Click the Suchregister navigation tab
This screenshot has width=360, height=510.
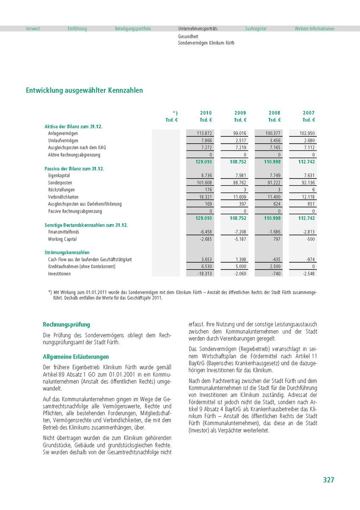pos(256,29)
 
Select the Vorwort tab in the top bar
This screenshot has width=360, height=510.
pos(33,29)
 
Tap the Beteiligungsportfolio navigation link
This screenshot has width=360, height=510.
pos(133,29)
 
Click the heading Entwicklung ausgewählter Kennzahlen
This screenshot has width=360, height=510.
pos(84,91)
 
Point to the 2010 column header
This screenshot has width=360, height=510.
pos(206,113)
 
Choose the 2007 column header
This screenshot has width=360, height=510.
pos(309,113)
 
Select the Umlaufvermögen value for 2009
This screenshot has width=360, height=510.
pos(241,141)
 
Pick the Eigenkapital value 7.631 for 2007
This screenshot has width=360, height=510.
pos(308,176)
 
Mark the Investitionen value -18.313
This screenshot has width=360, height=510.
pos(205,274)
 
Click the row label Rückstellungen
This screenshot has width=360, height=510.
pos(62,190)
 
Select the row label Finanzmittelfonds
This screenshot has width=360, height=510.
pos(64,232)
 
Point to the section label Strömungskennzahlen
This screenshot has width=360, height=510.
pos(67,252)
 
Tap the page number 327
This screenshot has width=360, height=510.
pos(328,480)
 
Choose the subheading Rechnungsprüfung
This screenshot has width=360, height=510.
pos(67,325)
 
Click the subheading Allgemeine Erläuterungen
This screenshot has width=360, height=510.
pos(76,357)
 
